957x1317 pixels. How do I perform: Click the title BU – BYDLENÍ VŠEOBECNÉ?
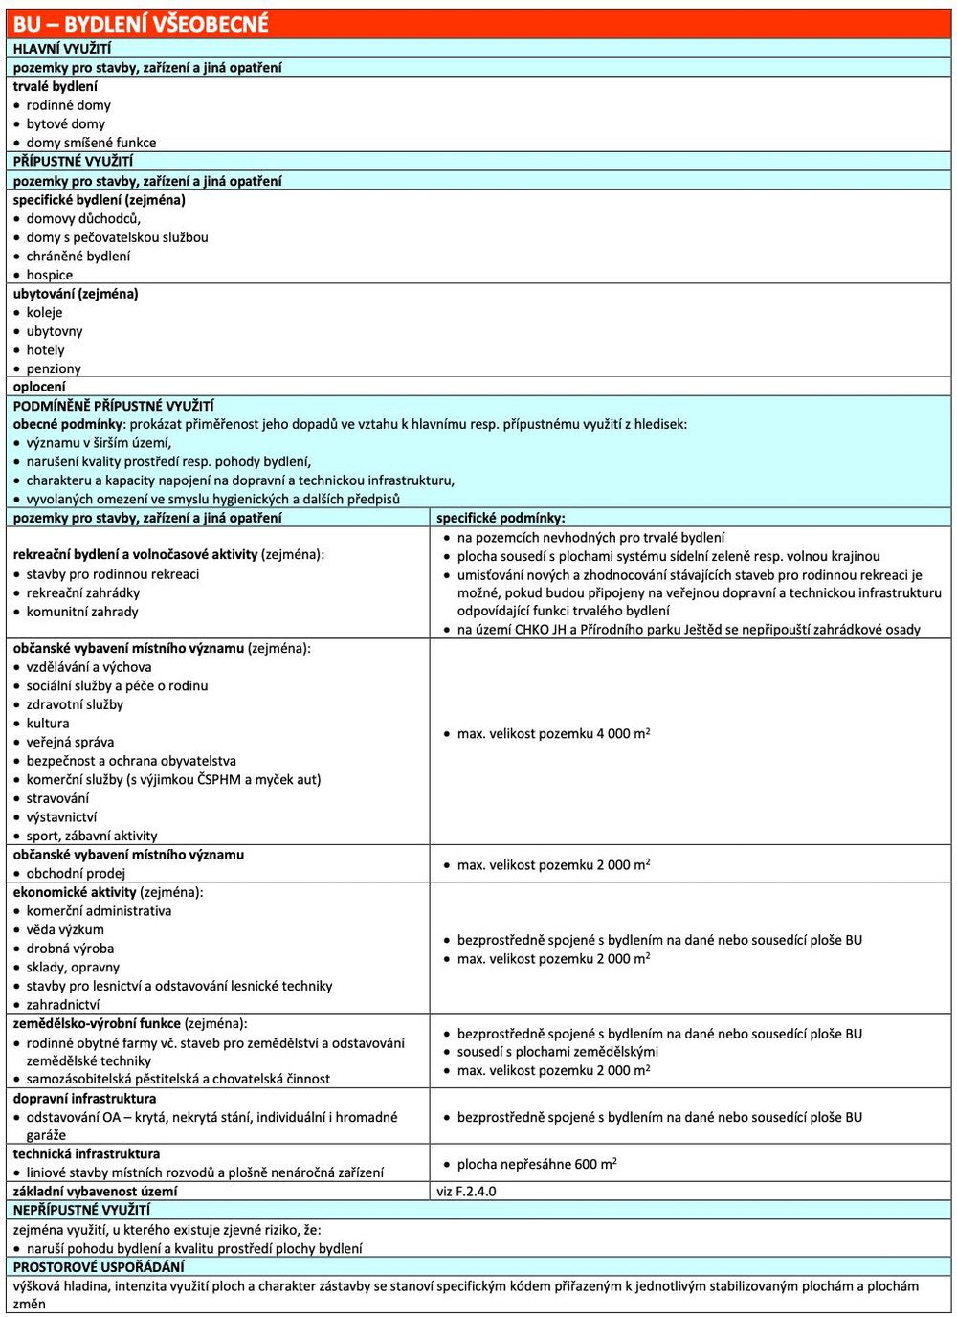pos(141,24)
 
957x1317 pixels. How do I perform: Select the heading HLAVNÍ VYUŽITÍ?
pos(62,49)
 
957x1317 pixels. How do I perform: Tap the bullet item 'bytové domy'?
pos(65,123)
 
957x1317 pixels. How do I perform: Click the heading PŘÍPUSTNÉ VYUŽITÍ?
pos(74,161)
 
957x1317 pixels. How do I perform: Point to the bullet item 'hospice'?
pos(49,275)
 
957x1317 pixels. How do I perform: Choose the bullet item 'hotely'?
pos(45,349)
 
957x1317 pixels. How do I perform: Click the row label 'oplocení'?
pos(39,387)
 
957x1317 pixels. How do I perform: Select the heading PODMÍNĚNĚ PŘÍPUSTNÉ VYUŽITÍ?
pos(114,406)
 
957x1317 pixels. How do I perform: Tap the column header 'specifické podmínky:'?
pos(501,518)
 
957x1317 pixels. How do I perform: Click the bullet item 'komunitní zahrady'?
pos(81,612)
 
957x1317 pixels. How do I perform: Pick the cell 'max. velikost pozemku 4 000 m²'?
pos(553,734)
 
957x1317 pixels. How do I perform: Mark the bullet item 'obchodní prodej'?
pos(76,873)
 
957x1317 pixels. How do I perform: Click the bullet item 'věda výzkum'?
pos(65,929)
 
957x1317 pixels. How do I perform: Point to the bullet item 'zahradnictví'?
pos(62,1005)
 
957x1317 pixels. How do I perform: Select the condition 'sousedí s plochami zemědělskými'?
pos(557,1052)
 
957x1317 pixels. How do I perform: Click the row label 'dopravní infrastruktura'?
pos(84,1099)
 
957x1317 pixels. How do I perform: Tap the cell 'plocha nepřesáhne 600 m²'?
pos(536,1164)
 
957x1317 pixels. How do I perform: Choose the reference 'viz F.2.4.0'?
pos(466,1192)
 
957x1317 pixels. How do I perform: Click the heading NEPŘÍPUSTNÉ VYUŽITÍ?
pos(81,1210)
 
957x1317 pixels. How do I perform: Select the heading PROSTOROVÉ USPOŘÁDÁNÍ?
pos(99,1267)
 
